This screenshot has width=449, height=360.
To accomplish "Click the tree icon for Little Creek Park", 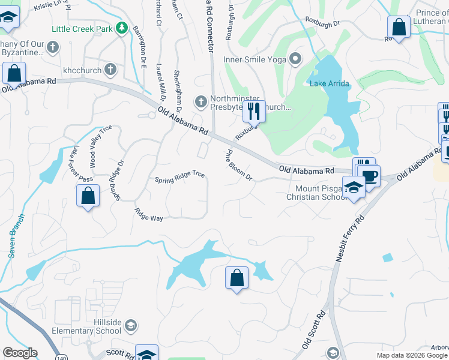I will click(122, 28).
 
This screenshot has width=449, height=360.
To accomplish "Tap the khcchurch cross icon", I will click(110, 70).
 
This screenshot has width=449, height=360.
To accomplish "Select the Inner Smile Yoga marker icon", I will click(295, 59).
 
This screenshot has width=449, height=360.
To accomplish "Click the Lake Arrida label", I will click(328, 83).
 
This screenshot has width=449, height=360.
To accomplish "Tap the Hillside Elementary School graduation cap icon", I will click(130, 326).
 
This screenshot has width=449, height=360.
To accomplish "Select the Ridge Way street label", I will click(148, 215).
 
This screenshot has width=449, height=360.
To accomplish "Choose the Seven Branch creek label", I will click(16, 236).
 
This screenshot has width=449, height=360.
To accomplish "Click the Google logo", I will click(20, 352).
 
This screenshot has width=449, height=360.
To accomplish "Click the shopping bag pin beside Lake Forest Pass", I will click(88, 195).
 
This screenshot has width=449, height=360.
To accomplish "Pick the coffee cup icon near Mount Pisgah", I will click(370, 176).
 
